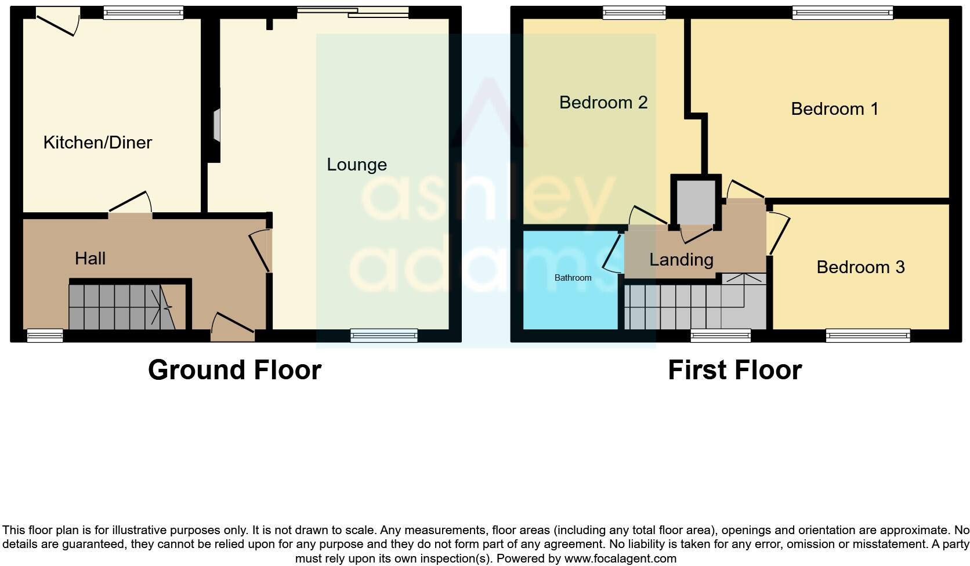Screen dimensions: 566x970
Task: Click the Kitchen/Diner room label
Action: (97, 142)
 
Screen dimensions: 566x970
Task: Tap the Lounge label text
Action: (356, 164)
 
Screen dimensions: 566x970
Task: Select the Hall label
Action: (90, 258)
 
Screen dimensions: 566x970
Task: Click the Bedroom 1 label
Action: (834, 108)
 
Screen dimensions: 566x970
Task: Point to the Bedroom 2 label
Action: (603, 102)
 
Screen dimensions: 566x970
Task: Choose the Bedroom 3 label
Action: (860, 267)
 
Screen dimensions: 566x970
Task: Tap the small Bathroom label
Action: (573, 278)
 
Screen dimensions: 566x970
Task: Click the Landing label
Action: (681, 259)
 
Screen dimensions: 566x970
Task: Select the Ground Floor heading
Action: (234, 370)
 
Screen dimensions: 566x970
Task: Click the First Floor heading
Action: (734, 370)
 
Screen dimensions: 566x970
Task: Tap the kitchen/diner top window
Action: (143, 12)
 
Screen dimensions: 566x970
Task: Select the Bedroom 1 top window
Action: (842, 12)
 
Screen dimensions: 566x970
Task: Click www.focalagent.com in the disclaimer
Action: (620, 559)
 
